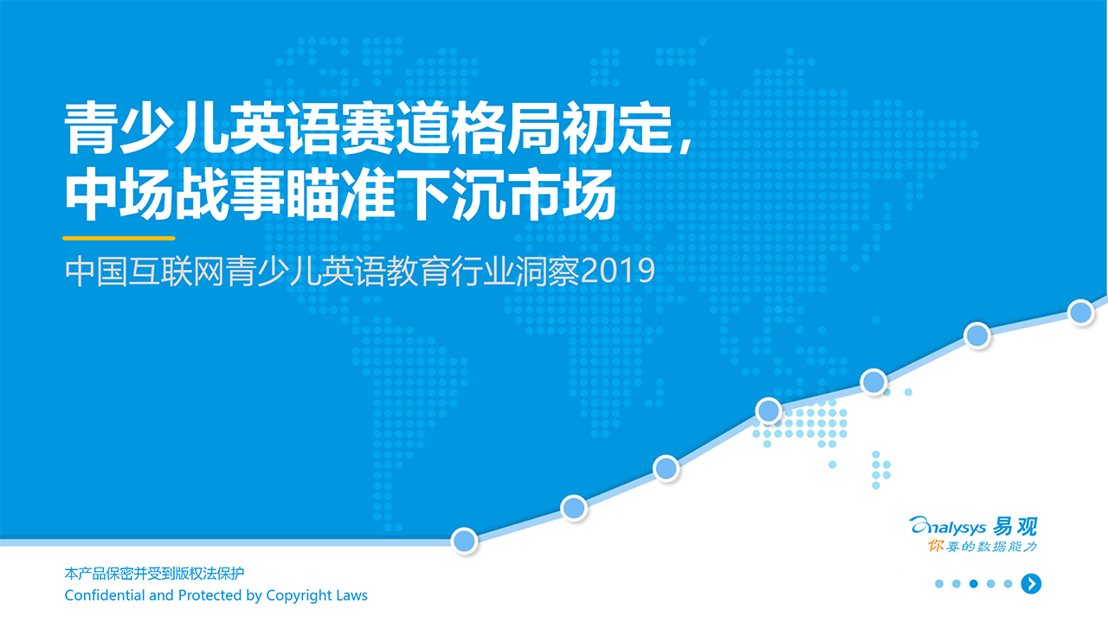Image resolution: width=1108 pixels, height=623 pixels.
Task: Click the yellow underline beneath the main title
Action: click(x=119, y=238)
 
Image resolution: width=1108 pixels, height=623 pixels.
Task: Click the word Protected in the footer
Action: click(x=209, y=595)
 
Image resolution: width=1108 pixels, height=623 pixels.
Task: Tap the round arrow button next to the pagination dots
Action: click(x=1030, y=584)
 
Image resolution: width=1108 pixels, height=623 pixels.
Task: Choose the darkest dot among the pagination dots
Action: click(x=974, y=584)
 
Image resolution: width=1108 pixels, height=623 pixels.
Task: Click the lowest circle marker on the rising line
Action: click(x=465, y=540)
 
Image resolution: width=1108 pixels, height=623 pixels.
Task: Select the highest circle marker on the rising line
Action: click(x=1080, y=312)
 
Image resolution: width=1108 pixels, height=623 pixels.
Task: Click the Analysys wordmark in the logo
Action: click(x=949, y=526)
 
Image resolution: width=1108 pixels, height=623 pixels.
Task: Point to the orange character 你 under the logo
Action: click(x=936, y=546)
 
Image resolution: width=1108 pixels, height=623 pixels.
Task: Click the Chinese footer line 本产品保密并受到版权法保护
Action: click(x=155, y=574)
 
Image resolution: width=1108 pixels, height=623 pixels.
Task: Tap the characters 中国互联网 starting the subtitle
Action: click(x=145, y=272)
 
